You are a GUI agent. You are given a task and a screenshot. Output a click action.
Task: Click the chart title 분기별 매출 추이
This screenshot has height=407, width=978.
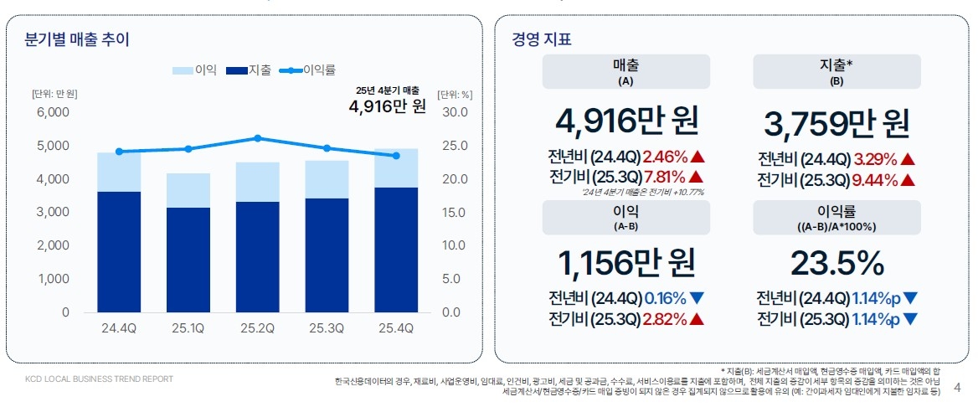[77, 39]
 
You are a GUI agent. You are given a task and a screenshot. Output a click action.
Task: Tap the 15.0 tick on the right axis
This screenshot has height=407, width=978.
[455, 212]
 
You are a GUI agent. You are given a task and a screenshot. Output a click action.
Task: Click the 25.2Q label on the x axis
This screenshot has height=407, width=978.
[257, 328]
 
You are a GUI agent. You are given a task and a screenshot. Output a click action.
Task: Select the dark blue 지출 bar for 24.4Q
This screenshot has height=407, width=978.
[119, 251]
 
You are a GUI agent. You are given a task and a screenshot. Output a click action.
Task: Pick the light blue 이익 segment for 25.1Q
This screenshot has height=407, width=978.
[188, 190]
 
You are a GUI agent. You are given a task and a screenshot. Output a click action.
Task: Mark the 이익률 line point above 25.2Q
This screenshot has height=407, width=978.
[257, 138]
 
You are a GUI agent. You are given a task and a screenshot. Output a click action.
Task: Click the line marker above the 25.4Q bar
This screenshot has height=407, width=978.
[395, 156]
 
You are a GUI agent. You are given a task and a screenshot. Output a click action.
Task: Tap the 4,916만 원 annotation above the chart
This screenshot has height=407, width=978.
[387, 106]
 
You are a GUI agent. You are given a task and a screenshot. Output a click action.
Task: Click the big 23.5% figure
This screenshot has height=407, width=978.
[836, 264]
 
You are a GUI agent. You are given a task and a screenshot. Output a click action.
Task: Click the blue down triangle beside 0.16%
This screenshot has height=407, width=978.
[698, 298]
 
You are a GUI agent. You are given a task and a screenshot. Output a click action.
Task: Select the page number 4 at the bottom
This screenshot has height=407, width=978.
[958, 388]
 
